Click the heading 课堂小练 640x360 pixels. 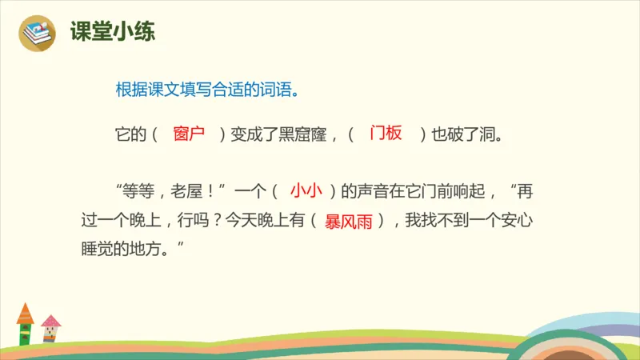(113, 32)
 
